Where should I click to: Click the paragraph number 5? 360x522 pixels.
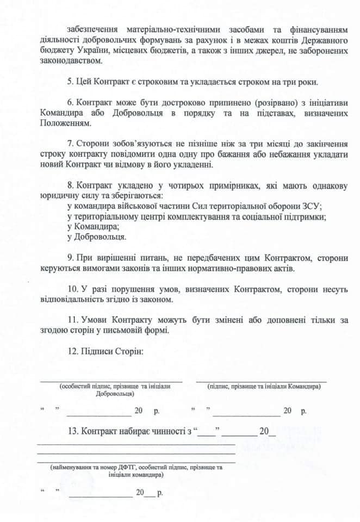pos(70,82)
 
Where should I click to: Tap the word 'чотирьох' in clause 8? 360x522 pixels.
pos(158,185)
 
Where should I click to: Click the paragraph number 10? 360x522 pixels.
pos(71,289)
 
